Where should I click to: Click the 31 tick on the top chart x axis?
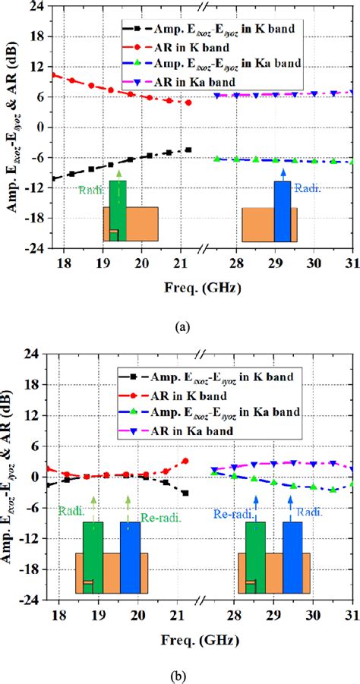point(352,263)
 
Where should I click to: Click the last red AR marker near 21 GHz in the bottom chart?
point(185,461)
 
